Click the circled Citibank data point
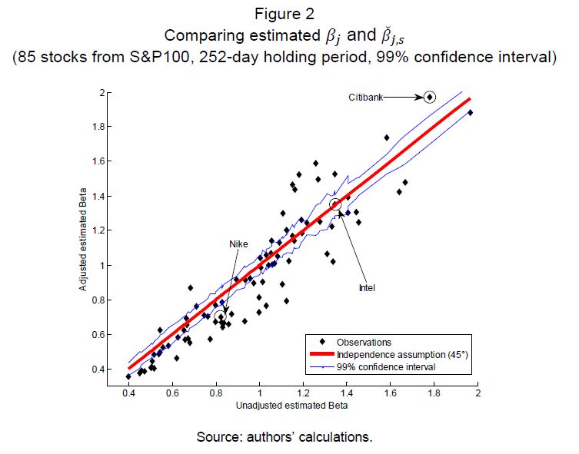(430, 97)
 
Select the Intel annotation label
(368, 288)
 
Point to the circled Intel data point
(334, 204)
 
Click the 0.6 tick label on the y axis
(102, 335)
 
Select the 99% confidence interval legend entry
(376, 367)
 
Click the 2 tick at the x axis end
(478, 393)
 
